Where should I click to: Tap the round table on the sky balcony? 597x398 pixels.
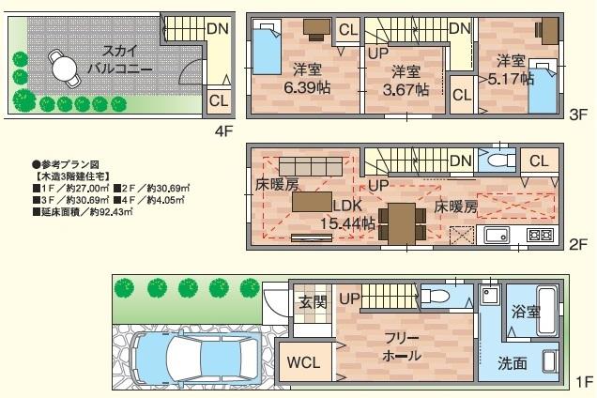pos(64,69)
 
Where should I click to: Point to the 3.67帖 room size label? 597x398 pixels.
pos(409,83)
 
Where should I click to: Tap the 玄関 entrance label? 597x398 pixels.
pos(313,302)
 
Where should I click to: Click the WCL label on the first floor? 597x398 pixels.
pos(304,361)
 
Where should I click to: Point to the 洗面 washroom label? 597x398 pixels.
pos(513,361)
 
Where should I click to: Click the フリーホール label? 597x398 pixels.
pos(401,346)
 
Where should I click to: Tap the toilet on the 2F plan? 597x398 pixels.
pos(495,161)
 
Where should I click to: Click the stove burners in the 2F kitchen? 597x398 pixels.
pos(540,235)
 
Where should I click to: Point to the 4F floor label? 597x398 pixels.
pos(222,132)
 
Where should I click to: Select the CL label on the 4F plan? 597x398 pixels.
pos(218,100)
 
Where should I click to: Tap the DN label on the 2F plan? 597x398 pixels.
pos(460,161)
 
